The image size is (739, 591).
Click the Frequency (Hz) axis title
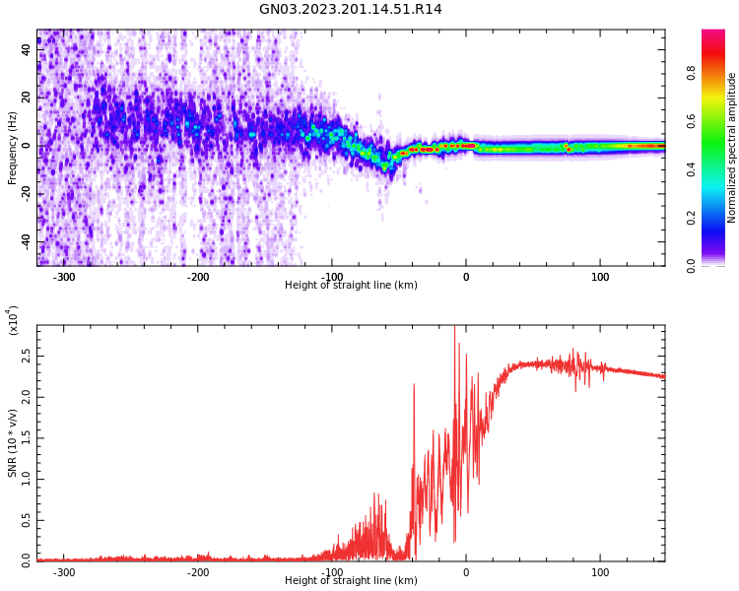tap(13, 148)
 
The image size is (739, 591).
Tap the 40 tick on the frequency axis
tap(26, 50)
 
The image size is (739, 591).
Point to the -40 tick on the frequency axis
tap(24, 242)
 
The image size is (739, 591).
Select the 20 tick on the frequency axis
tap(26, 98)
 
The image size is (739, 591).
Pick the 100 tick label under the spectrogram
tap(600, 277)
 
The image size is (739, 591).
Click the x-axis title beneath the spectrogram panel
tap(350, 286)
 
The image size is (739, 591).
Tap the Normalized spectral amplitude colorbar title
tap(732, 148)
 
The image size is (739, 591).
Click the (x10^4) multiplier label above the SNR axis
tap(14, 320)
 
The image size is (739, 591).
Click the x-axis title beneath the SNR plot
tap(350, 581)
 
